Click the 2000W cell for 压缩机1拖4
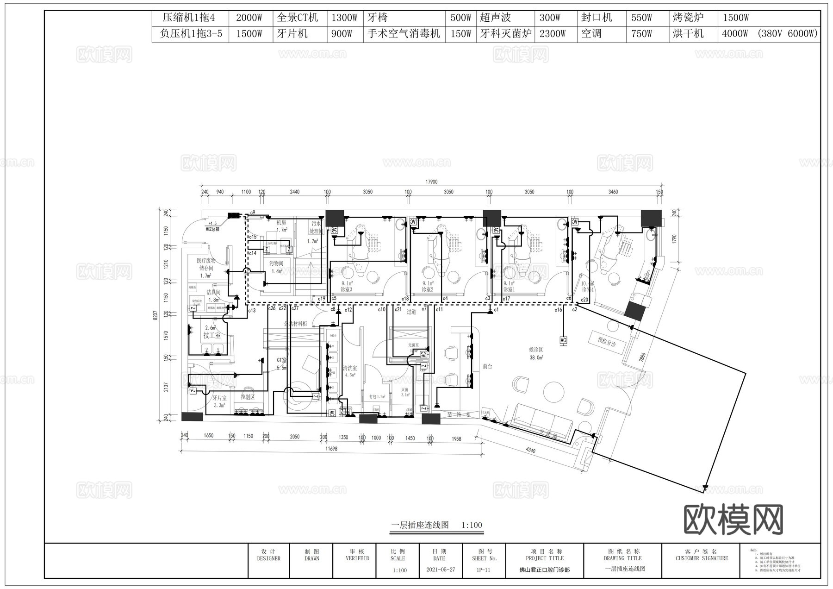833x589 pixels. click(x=249, y=18)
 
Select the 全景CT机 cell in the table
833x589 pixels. click(x=298, y=18)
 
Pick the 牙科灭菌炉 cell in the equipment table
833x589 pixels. click(x=505, y=34)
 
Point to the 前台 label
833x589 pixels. click(x=487, y=366)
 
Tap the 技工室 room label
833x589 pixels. click(x=211, y=335)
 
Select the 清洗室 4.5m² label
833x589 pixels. click(x=349, y=371)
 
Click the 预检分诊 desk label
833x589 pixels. click(x=607, y=342)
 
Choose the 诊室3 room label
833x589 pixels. click(x=346, y=289)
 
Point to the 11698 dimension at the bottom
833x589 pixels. click(x=331, y=449)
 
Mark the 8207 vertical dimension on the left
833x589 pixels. click(x=155, y=315)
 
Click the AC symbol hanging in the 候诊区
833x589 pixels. click(x=563, y=340)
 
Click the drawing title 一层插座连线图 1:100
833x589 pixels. click(x=436, y=525)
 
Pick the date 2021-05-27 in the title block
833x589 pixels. click(x=440, y=570)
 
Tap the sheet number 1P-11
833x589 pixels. click(x=483, y=570)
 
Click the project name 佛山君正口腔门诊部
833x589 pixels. click(x=544, y=570)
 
